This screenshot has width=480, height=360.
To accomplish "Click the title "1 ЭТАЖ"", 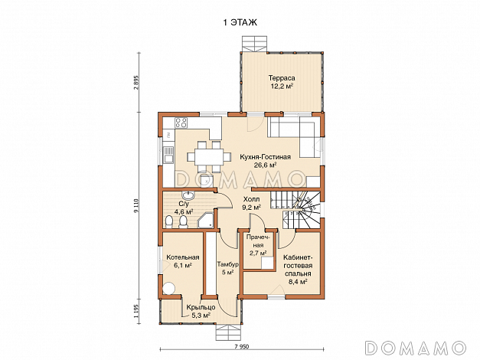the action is click(240, 23).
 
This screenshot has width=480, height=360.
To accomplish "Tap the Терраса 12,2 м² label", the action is click(281, 82).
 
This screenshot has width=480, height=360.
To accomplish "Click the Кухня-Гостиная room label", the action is click(265, 161).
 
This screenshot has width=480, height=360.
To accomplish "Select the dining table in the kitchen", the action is click(209, 156).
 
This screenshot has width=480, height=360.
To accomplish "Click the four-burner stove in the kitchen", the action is click(181, 123).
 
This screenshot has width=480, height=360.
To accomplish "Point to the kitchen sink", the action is click(168, 155).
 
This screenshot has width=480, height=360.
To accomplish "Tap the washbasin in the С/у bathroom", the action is click(188, 195).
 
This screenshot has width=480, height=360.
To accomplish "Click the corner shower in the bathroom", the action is click(206, 219).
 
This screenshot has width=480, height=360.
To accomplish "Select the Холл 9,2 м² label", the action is click(251, 203).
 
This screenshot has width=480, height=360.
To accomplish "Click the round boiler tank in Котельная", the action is click(168, 288).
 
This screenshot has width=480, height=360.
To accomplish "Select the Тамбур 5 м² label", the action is click(228, 268).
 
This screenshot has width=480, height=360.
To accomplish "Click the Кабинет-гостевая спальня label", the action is click(298, 270).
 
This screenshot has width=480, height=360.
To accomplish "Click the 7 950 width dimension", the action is click(242, 347).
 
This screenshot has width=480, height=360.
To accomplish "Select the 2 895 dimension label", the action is click(136, 82).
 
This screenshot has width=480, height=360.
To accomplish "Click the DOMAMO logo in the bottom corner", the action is click(416, 348).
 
